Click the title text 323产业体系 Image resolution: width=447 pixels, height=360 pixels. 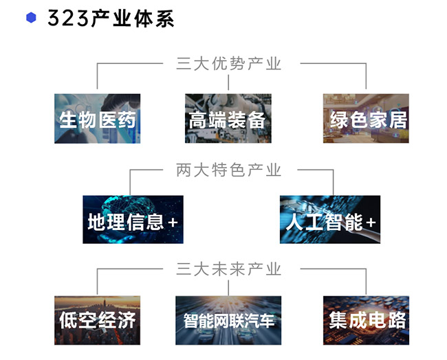pos(110,19)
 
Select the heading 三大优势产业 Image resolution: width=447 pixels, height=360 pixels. pos(229,64)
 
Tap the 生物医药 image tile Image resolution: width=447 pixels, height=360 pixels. pos(98,119)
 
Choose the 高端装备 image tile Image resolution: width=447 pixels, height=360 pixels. pos(228,119)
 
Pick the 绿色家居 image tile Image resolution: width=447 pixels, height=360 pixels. pos(366,119)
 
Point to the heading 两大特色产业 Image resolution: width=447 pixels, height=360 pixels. pos(229,170)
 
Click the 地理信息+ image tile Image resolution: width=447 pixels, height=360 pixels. pos(133,220)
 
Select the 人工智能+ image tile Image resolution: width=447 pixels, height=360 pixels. pos(330,220)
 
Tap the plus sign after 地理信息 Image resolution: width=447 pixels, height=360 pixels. pos(173,223)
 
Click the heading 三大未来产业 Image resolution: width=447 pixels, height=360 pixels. pos(229,269)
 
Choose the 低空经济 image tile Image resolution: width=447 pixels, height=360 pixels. pos(98,320)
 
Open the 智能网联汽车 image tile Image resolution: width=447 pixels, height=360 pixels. pos(228,320)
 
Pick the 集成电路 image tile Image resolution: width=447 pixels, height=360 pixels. pos(366,320)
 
